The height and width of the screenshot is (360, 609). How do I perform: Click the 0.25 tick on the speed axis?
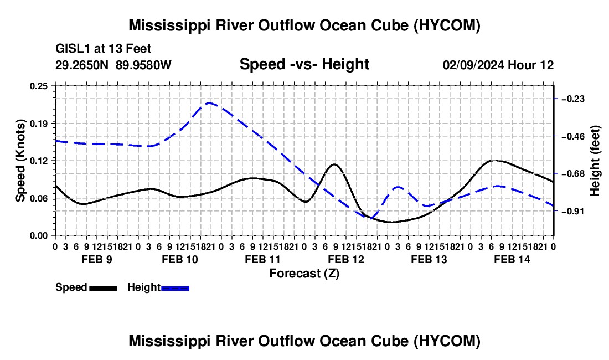tap(39, 86)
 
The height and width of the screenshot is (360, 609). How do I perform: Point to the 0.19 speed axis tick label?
tap(39, 124)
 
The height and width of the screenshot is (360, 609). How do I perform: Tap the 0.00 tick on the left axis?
tap(39, 235)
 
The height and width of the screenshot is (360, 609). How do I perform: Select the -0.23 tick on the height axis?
tap(573, 99)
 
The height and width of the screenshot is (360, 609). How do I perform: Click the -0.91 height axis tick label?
tap(573, 211)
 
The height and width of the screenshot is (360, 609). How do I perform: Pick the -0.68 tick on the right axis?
tap(573, 173)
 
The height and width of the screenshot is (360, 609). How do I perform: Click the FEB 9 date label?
tap(97, 259)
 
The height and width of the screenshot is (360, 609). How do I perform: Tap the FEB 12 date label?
tap(346, 259)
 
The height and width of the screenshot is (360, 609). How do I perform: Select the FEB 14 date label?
tap(512, 259)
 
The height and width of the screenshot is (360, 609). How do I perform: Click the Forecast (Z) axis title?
tap(304, 274)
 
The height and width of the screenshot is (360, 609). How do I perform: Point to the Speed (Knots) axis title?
tap(20, 161)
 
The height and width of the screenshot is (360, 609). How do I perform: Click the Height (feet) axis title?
tap(595, 161)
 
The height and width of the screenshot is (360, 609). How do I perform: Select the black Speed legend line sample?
tap(104, 288)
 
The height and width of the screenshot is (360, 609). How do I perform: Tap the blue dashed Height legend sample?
tap(175, 288)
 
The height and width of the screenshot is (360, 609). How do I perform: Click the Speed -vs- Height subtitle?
tap(304, 64)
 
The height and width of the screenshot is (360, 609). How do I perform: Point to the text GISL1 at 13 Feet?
tap(104, 49)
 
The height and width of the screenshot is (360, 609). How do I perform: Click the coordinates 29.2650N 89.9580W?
tap(113, 65)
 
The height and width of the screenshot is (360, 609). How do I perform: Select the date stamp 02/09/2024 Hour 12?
tap(498, 65)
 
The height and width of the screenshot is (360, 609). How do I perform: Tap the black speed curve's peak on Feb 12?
tap(334, 164)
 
